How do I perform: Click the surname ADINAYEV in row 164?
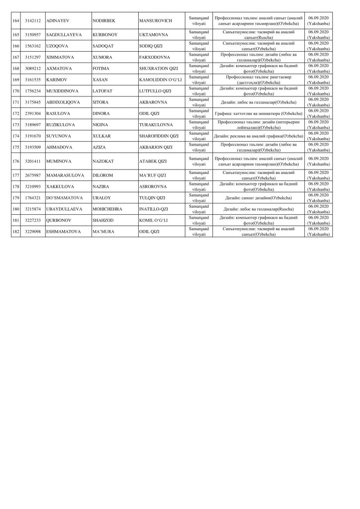(x=58, y=22)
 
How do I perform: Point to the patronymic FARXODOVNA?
(x=156, y=57)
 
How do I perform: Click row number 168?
(x=15, y=68)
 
